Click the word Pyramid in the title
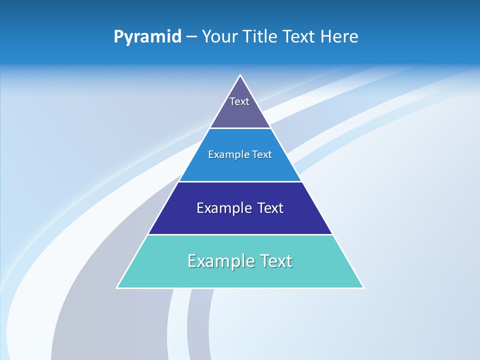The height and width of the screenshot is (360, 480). [x=147, y=37]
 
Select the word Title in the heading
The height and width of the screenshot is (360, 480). [x=262, y=36]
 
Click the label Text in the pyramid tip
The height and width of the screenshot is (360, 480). [x=239, y=101]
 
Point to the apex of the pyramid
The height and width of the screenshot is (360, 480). [x=240, y=75]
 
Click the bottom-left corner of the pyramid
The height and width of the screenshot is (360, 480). [x=117, y=287]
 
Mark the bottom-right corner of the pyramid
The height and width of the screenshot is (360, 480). [x=363, y=287]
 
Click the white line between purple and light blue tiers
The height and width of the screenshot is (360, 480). [x=240, y=128]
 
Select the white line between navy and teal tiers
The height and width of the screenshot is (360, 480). [x=240, y=234]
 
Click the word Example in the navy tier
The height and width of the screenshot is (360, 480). [x=223, y=208]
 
